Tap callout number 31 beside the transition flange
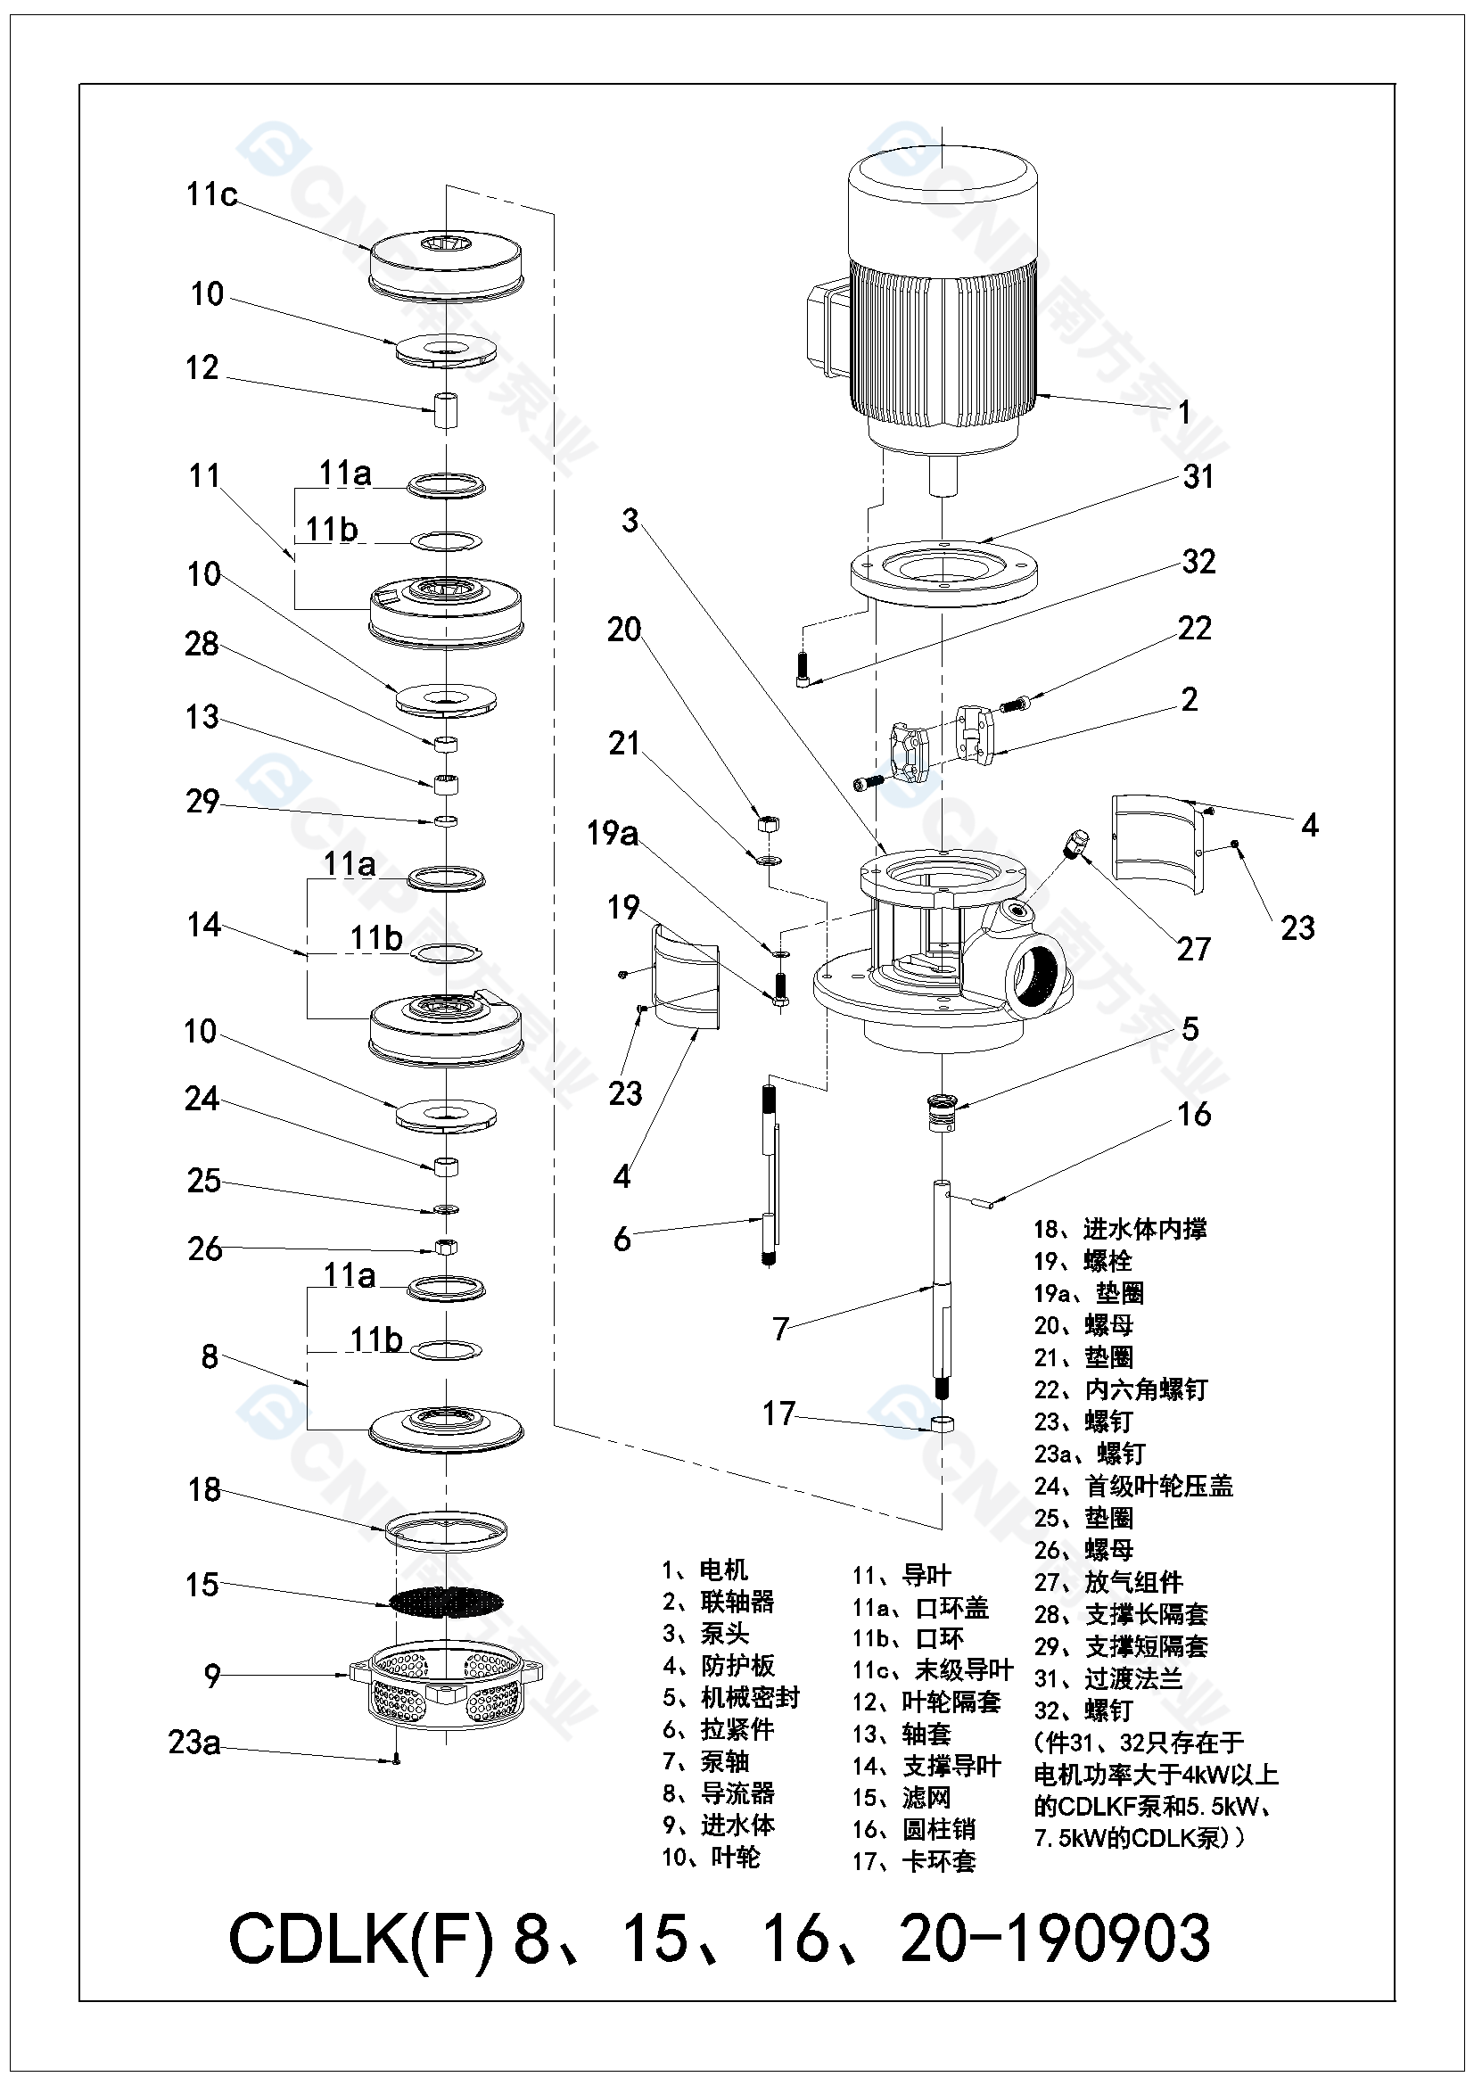[1198, 477]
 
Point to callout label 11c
[210, 194]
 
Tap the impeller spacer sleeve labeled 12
[445, 410]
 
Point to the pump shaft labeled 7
[943, 1290]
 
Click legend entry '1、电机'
[704, 1570]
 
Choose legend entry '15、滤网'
[901, 1798]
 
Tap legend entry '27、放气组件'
[1108, 1583]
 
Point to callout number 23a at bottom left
[194, 1743]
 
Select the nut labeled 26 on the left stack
[446, 1247]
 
